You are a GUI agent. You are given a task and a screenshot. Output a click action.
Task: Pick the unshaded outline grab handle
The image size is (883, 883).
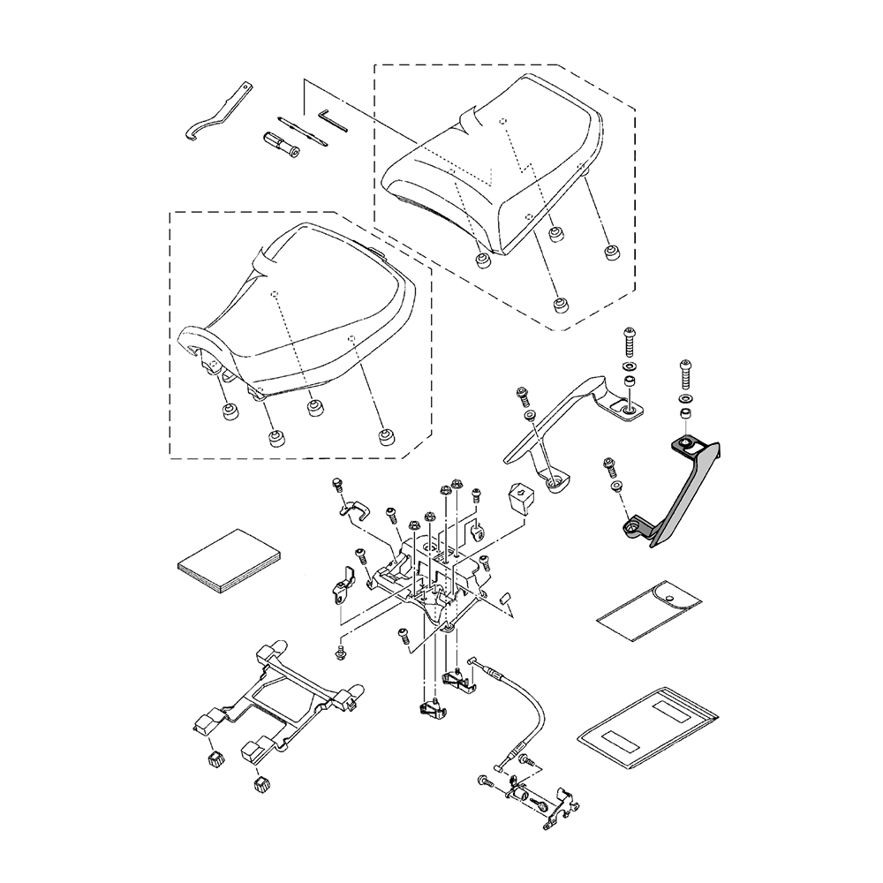pyautogui.click(x=565, y=424)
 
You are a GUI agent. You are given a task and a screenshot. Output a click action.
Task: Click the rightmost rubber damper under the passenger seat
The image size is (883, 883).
pyautogui.click(x=610, y=253)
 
